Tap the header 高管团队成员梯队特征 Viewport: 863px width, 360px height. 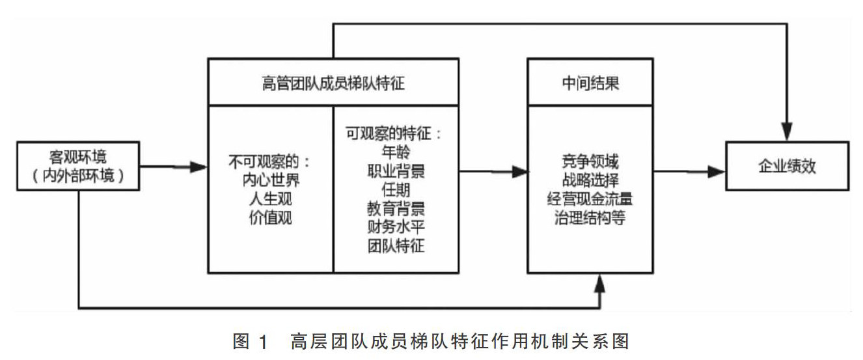click(335, 83)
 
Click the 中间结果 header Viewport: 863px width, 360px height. click(590, 83)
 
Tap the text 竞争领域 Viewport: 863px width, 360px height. click(590, 159)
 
